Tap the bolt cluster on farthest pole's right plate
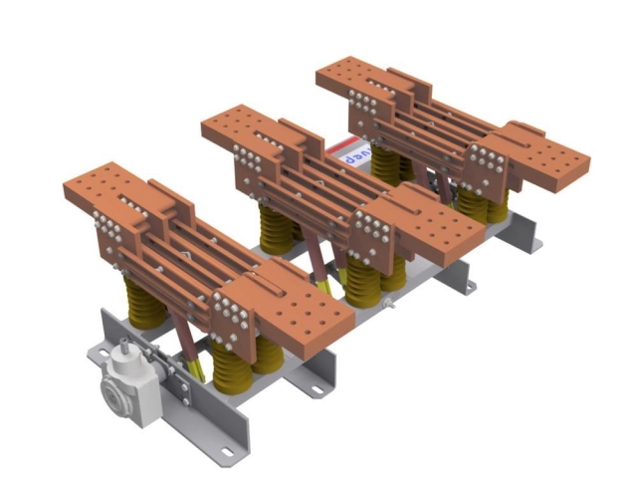tap(487, 160)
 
